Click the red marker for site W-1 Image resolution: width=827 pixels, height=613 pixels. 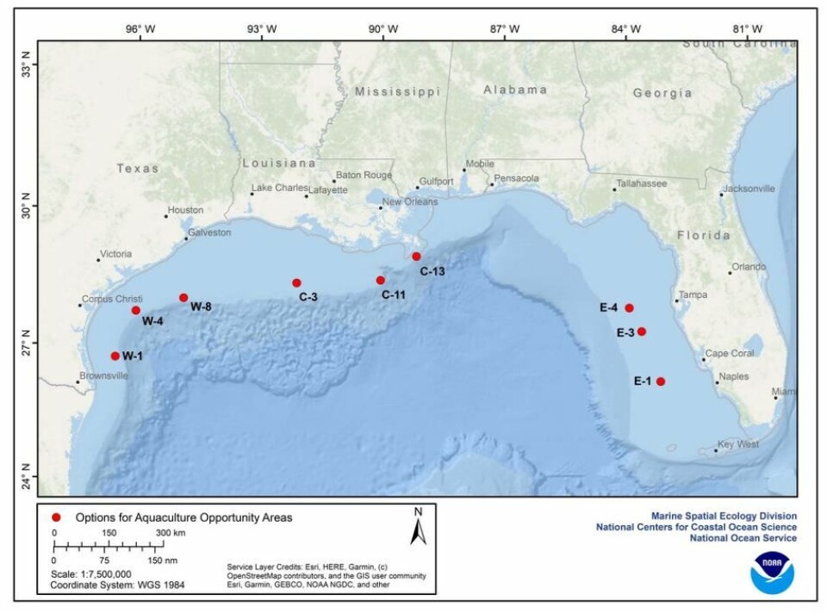pos(115,356)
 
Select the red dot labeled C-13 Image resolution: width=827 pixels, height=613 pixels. pos(416,257)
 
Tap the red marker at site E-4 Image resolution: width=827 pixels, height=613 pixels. pos(630,308)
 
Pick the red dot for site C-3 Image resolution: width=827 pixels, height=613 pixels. pos(296,282)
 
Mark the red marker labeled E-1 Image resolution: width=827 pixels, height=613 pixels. pos(661,381)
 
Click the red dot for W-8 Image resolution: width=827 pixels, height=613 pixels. pos(183,298)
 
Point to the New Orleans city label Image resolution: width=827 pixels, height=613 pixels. pos(409,201)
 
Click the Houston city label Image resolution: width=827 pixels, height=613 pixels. pos(185,210)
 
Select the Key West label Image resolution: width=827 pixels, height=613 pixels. pos(738,444)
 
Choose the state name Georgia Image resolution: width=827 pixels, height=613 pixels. pos(662,93)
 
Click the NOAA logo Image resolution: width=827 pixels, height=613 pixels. pos(771,571)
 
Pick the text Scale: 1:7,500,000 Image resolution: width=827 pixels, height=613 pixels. pos(90,573)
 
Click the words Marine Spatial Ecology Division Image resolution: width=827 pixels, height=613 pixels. pos(724,516)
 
